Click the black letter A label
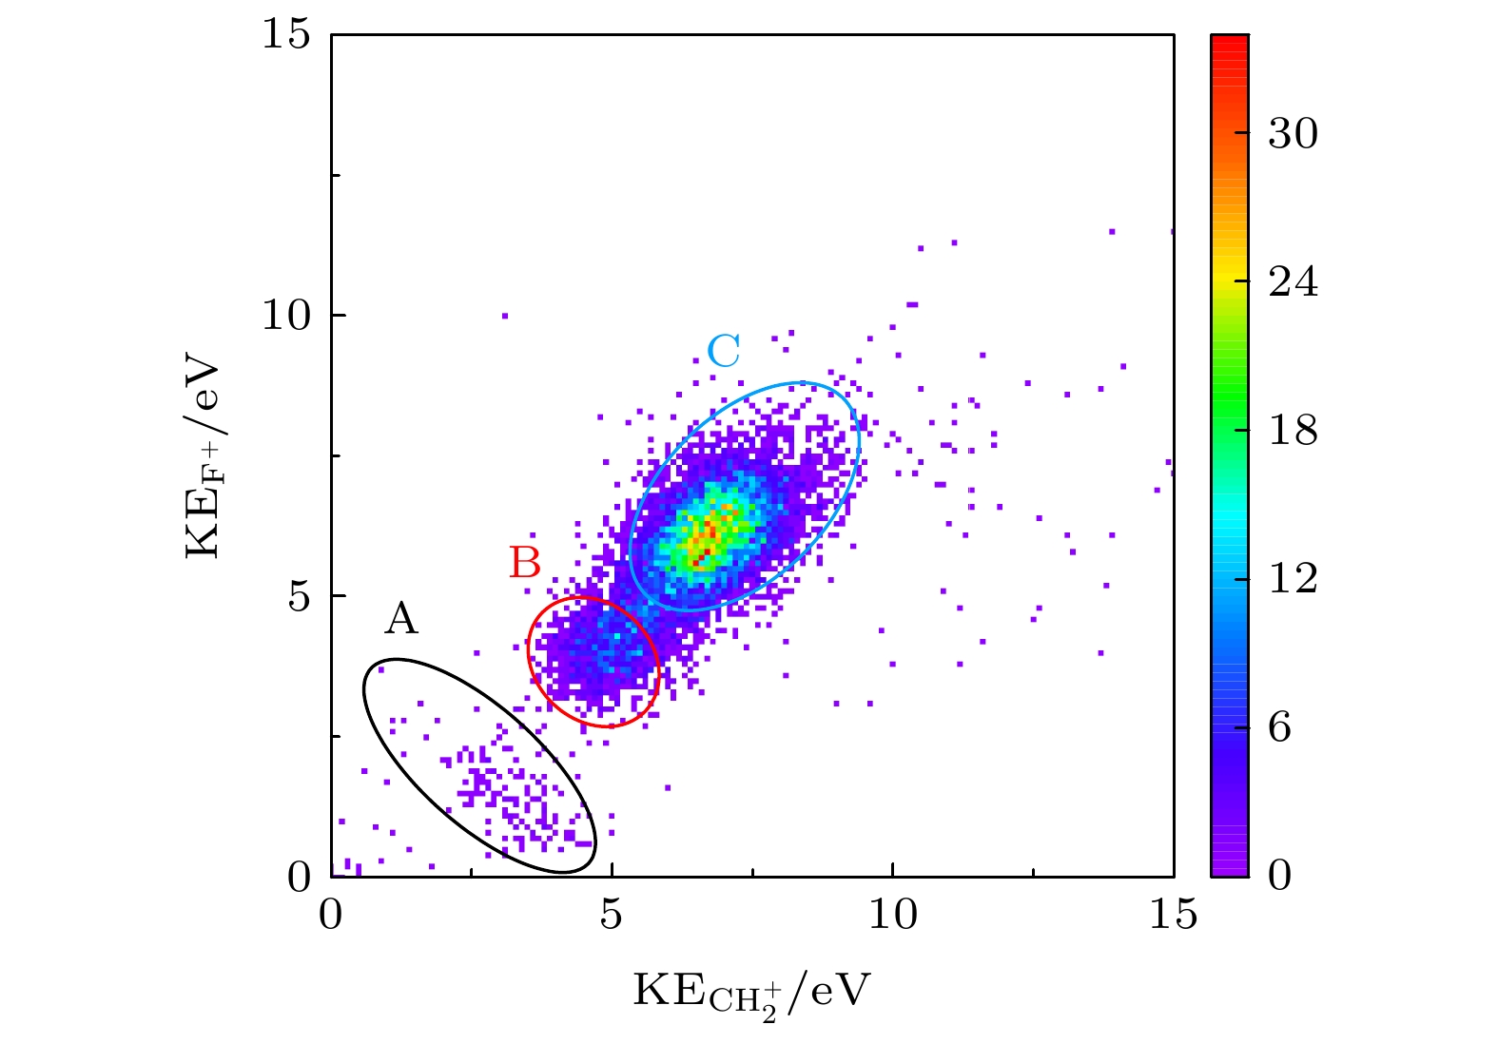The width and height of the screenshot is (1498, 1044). tap(401, 619)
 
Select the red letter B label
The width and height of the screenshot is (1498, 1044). tap(525, 563)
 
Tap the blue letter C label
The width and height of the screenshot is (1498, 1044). tap(724, 352)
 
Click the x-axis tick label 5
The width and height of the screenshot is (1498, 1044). tap(612, 915)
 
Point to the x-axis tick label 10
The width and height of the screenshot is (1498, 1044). tap(893, 915)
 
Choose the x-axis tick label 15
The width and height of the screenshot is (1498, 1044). tap(1173, 915)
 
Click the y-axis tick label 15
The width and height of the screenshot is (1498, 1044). tap(286, 35)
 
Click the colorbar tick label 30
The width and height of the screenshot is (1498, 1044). tap(1293, 134)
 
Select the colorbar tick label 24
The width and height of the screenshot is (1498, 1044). tap(1293, 282)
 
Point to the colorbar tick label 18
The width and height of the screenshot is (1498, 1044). tap(1293, 431)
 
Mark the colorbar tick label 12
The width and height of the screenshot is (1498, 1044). tap(1293, 579)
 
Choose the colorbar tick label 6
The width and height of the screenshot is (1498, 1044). tap(1280, 727)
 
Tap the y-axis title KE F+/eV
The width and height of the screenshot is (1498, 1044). tap(205, 458)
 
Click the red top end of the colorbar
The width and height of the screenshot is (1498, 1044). tap(1229, 40)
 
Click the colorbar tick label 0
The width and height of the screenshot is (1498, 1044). tap(1280, 875)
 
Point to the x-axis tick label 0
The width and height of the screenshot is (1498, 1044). tap(331, 915)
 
